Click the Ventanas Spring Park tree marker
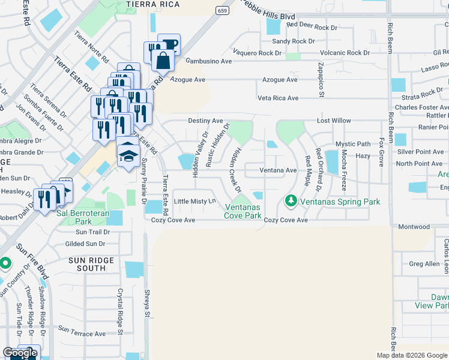click(291, 199)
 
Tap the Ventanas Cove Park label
click(243, 211)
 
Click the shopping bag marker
click(163, 60)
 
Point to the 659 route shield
click(223, 11)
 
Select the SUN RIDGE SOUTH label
click(88, 264)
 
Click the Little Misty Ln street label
click(194, 201)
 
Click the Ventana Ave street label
click(278, 170)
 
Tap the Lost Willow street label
click(334, 121)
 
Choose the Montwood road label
click(414, 227)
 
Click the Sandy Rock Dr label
click(293, 41)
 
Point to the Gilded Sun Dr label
click(85, 244)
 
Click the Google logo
click(19, 353)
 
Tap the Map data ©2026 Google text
click(412, 355)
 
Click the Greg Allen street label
click(424, 264)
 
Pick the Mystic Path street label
click(353, 144)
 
